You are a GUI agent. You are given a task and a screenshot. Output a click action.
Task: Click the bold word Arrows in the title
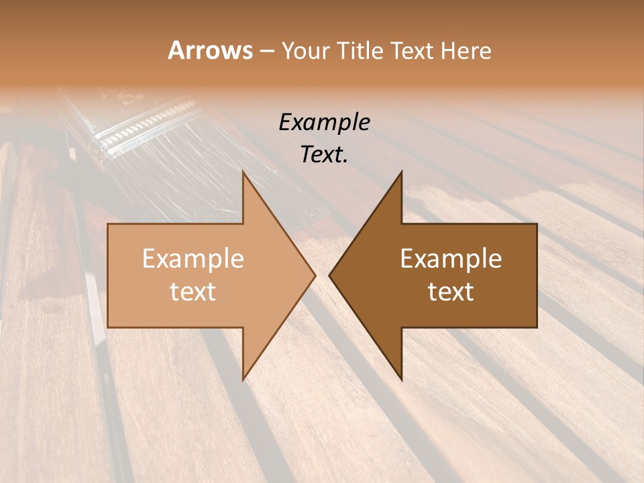point(210,50)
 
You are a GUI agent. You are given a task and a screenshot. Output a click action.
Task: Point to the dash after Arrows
point(266,52)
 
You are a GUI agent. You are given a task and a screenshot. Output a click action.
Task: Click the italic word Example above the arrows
point(324,123)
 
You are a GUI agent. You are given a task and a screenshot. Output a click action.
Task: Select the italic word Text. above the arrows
point(324,154)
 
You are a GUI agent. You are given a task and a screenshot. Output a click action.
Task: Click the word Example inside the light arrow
point(193,259)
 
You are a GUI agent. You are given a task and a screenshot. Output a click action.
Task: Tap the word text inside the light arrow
point(193,292)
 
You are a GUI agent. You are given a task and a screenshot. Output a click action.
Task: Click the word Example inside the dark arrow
point(451,259)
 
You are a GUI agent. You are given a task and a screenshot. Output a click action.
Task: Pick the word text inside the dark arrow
point(451,292)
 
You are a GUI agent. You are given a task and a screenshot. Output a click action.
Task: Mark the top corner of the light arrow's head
point(243,172)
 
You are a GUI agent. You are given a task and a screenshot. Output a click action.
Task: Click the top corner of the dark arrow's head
point(401,172)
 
